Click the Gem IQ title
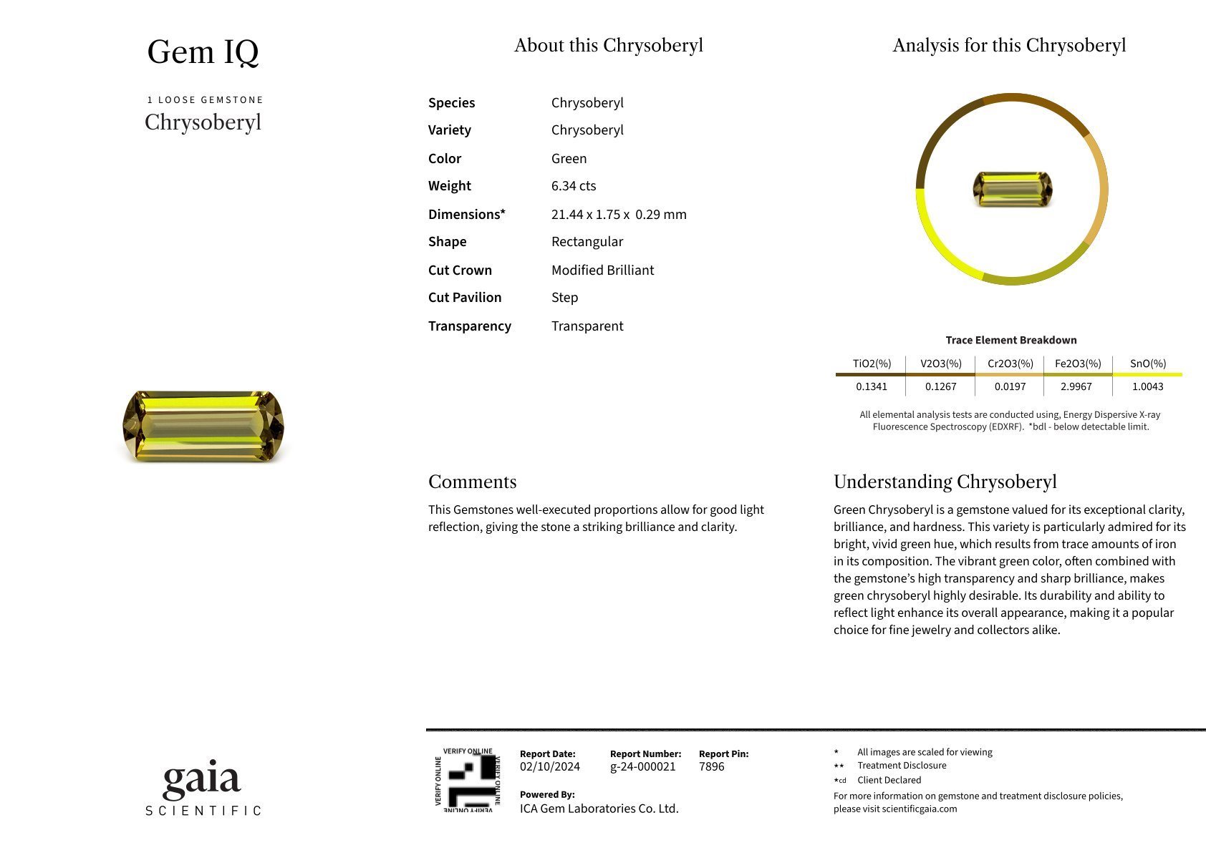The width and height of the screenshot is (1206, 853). (x=203, y=52)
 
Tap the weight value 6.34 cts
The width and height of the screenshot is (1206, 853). (x=574, y=186)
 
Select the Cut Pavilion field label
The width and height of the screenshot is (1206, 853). (x=465, y=298)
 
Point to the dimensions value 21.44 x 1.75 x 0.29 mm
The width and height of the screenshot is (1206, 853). (x=619, y=215)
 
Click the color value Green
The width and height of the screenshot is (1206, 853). (x=569, y=159)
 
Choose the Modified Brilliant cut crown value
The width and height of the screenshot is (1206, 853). (x=602, y=270)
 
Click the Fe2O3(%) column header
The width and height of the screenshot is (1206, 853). (x=1077, y=364)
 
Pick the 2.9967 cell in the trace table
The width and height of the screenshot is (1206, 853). (x=1076, y=386)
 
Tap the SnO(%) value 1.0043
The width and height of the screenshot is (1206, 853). (x=1147, y=386)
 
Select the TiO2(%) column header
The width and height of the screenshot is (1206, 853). (x=872, y=364)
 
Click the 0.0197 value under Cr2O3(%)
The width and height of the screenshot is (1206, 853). (x=1010, y=386)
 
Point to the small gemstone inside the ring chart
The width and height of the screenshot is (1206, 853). (x=1012, y=189)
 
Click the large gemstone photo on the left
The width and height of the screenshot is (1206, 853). (x=203, y=426)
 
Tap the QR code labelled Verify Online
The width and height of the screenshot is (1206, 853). (x=468, y=780)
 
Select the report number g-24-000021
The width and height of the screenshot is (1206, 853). (x=642, y=766)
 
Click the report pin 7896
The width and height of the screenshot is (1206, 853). (x=711, y=766)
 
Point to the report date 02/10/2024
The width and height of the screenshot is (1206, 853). (x=549, y=766)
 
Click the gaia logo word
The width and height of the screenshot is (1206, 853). (x=202, y=779)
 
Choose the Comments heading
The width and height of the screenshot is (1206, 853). (x=472, y=482)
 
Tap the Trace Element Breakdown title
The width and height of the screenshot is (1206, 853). (x=1010, y=340)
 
